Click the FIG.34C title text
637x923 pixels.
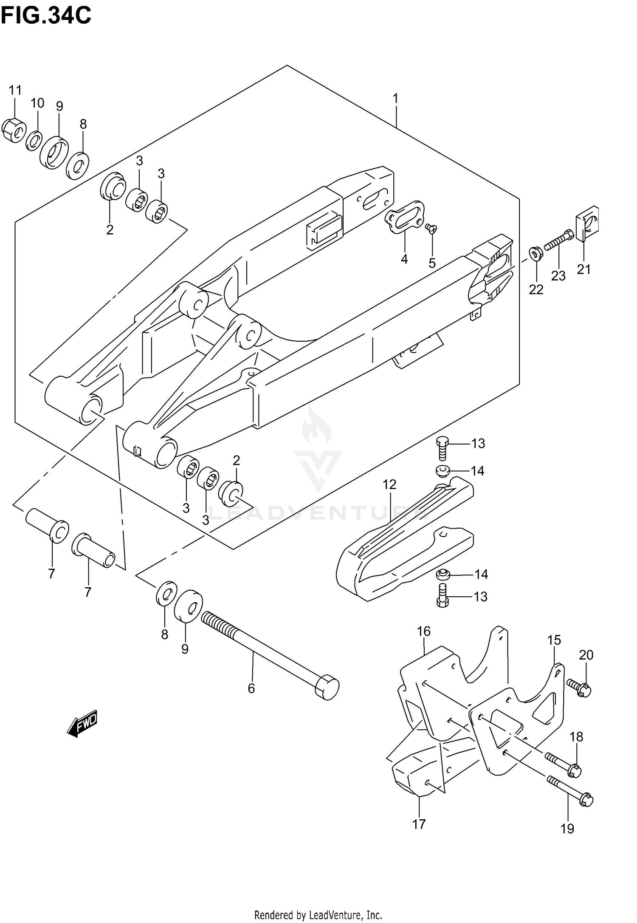(x=46, y=16)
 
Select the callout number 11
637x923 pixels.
(x=15, y=90)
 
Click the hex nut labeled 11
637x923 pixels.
(x=14, y=130)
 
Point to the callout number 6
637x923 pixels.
(x=251, y=688)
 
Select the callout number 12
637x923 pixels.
(x=389, y=484)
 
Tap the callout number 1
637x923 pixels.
(x=395, y=99)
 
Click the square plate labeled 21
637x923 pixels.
(x=587, y=223)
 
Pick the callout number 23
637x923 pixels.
(x=558, y=276)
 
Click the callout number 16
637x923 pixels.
(x=424, y=631)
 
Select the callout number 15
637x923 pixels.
(x=554, y=640)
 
